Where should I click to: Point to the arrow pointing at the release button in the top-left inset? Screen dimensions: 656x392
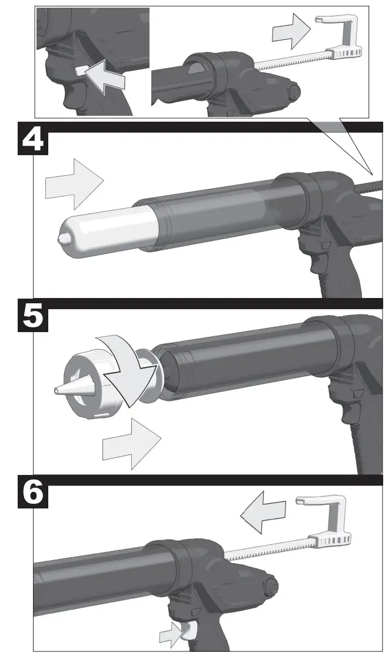point(106,75)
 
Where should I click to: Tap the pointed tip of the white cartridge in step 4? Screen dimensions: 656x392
point(60,239)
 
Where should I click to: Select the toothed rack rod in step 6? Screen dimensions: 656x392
point(265,549)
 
